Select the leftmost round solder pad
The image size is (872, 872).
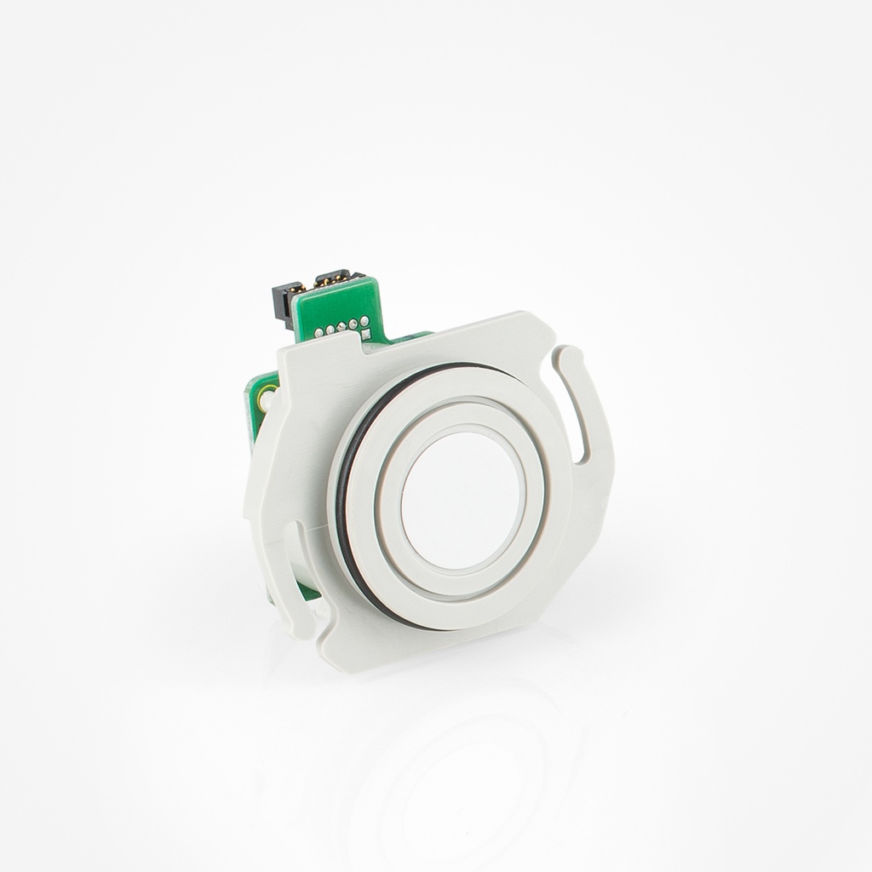tap(319, 331)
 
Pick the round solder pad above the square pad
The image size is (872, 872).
tap(364, 321)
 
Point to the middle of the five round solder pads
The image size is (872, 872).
tap(340, 326)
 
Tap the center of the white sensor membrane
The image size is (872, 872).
tap(460, 499)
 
